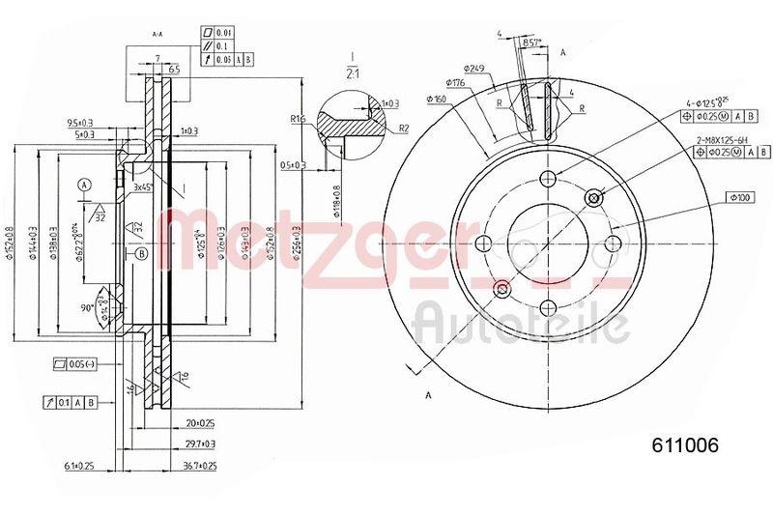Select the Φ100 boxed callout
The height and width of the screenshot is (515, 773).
tap(741, 198)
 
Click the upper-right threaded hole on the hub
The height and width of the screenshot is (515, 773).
tap(593, 197)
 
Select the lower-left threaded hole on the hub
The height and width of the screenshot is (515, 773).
tap(501, 289)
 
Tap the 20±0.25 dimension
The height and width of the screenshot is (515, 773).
tap(197, 422)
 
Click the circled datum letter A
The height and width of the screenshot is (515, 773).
tap(86, 185)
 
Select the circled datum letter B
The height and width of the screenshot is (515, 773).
tap(142, 254)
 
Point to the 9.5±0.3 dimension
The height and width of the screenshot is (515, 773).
tap(80, 123)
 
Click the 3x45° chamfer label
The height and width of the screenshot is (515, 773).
tap(145, 186)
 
